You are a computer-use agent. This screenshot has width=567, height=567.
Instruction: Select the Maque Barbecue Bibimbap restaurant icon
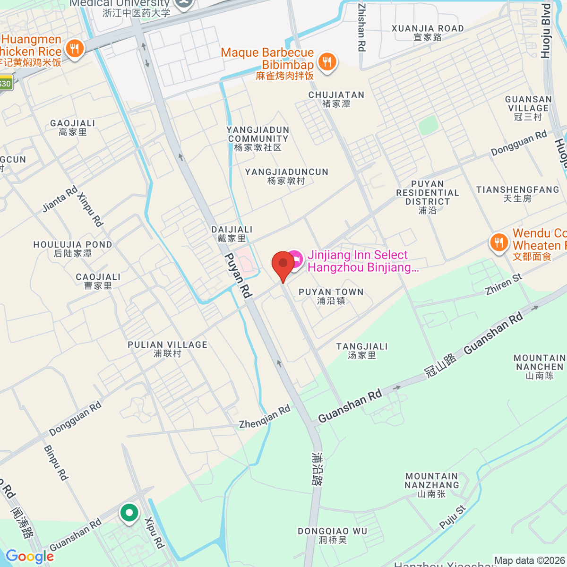tap(327, 62)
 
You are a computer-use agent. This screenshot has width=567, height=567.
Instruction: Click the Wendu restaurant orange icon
tap(498, 243)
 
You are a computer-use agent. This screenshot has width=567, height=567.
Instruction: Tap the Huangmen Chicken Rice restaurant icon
tap(74, 49)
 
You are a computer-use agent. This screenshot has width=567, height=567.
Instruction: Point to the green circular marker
tap(129, 513)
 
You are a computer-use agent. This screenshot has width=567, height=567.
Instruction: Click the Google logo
tap(29, 557)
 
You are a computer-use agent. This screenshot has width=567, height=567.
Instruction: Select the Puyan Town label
tap(331, 296)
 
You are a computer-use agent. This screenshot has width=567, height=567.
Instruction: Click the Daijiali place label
tap(232, 234)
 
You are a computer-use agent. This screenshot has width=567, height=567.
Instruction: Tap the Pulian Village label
tap(167, 349)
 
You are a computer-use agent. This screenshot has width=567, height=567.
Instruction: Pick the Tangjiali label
tap(362, 351)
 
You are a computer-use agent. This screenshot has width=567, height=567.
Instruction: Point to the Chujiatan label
tap(336, 99)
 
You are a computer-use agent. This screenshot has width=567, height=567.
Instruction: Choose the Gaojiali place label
tap(73, 128)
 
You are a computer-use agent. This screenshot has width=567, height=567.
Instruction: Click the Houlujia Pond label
tap(73, 249)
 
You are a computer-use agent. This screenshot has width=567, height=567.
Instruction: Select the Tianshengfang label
tap(517, 194)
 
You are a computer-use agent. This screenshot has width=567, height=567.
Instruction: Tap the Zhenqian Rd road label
tap(265, 417)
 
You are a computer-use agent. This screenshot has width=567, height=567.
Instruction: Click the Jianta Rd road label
tap(60, 200)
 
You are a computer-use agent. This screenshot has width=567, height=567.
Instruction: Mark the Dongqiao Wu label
tap(333, 535)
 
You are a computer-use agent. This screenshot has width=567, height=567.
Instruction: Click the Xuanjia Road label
tap(428, 33)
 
